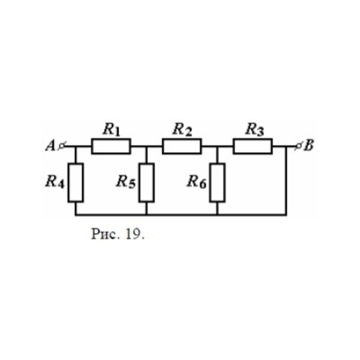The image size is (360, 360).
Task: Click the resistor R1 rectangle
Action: pos(111,147)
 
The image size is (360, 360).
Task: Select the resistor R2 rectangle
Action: pos(182,147)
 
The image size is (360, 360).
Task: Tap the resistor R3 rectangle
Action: pos(253,147)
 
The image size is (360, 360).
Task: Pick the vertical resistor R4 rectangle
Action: pos(76,183)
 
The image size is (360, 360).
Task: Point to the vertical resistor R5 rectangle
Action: pos(147,183)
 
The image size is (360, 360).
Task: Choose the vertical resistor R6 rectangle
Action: pos(217,183)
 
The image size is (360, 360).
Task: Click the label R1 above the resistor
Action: pos(111,130)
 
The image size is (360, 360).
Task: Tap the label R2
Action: pos(182,130)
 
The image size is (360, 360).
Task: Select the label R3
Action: pos(255,130)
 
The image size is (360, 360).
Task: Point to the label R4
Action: pos(55,182)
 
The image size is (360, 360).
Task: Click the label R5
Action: pos(126,182)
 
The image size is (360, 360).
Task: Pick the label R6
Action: pos(197,182)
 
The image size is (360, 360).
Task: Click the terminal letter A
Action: pos(49,147)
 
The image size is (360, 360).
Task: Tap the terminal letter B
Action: pos(309,146)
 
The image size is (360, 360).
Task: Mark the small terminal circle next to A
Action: pos(61,147)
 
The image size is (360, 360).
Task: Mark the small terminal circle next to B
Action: pos(299,147)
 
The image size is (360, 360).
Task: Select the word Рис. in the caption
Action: pos(106,234)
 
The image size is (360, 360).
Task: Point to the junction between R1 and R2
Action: pos(147,147)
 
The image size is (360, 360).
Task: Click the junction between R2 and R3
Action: pos(217,147)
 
